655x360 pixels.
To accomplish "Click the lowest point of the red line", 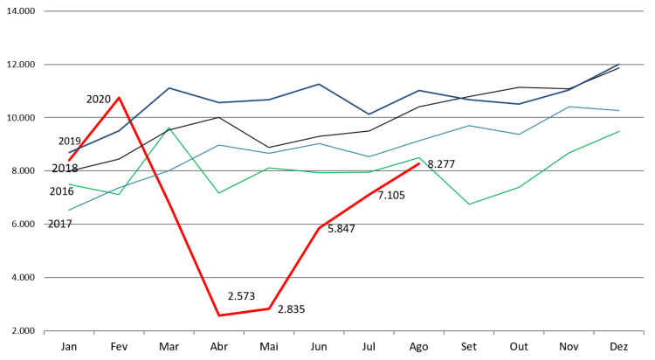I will click(218, 315).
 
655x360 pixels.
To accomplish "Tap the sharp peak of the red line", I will click(120, 97).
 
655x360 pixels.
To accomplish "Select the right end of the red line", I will click(419, 163).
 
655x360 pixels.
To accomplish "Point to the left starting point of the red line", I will click(69, 161).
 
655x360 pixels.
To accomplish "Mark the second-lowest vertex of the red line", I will click(269, 308).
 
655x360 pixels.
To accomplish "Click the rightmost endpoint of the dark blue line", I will click(618, 65).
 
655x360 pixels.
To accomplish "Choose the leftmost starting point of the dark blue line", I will click(69, 153).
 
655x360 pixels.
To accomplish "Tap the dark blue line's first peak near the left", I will click(169, 87).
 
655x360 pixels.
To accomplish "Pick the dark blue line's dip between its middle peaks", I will click(369, 114).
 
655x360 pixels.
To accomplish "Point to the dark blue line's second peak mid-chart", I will click(319, 84).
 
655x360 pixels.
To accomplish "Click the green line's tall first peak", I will click(169, 128).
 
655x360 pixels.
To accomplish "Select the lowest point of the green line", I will click(469, 204).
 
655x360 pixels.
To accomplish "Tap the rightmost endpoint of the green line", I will click(619, 131).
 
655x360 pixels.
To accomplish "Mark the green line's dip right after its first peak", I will click(218, 192).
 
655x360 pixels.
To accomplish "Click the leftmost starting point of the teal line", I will click(69, 210).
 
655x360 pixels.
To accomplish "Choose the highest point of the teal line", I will click(569, 107).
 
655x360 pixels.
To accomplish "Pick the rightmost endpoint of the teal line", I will click(619, 111).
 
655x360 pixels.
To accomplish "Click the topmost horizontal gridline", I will click(343, 11).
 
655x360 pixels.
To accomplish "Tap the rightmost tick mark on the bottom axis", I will click(643, 333).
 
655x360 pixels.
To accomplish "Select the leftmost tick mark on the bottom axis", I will click(45, 333).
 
